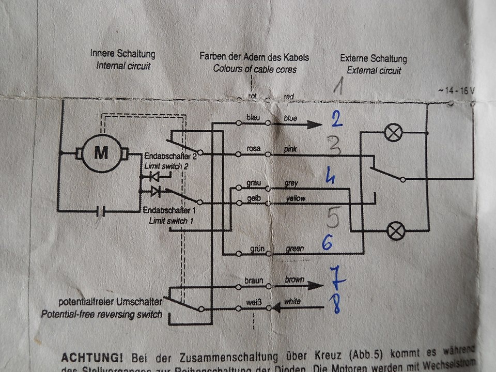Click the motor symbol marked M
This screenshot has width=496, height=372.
pos(101,152)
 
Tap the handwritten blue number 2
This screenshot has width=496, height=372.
pos(336,121)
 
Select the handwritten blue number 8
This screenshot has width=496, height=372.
pos(336,303)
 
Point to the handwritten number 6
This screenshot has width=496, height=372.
pos(327,242)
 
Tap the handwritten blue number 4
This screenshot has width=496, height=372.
pos(330,177)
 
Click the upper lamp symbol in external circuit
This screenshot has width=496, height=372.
pos(394,133)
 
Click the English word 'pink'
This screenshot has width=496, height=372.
pos(291,150)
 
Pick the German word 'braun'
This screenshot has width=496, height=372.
pos(254,280)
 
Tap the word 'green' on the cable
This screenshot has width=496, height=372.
pos(295,249)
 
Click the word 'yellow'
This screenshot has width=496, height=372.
pos(295,198)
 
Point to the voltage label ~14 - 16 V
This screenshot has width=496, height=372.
pos(456,90)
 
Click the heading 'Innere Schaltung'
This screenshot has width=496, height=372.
pos(122,54)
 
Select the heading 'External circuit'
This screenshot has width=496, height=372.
pos(374,70)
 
